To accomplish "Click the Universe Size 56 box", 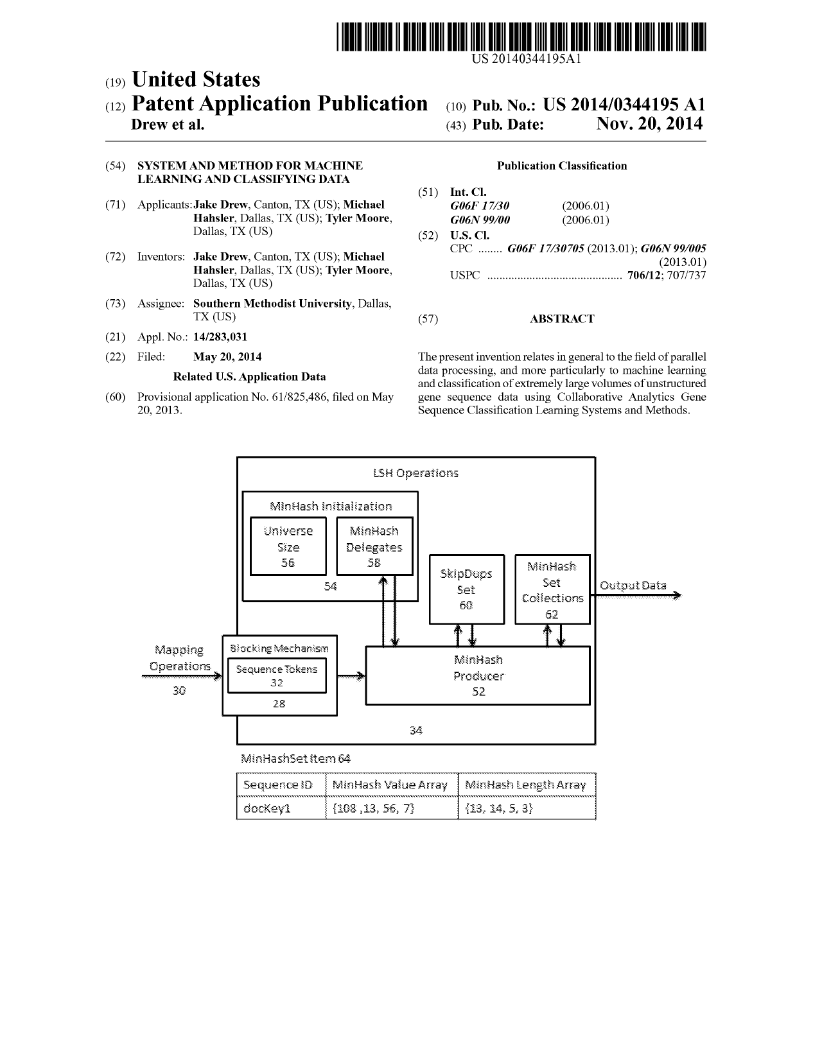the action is pyautogui.click(x=288, y=546).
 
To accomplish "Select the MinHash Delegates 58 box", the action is pyautogui.click(x=374, y=546).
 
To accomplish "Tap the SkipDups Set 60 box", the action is pyautogui.click(x=466, y=589).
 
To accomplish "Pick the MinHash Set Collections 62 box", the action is pyautogui.click(x=552, y=589).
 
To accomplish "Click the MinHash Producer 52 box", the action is pyautogui.click(x=478, y=675).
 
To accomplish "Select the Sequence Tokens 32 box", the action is pyautogui.click(x=277, y=675).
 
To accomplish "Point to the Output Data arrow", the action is pyautogui.click(x=635, y=595).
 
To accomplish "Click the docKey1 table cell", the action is pyautogui.click(x=281, y=808).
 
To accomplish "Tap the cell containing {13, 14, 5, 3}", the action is pyautogui.click(x=527, y=808).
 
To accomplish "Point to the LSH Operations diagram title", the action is pyautogui.click(x=415, y=473).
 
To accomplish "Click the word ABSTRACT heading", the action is pyautogui.click(x=562, y=318).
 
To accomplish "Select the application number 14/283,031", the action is pyautogui.click(x=220, y=336).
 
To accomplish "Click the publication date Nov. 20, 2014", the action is pyautogui.click(x=649, y=123).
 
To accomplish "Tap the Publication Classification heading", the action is pyautogui.click(x=562, y=166).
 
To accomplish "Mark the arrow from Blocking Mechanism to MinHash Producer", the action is pyautogui.click(x=351, y=675).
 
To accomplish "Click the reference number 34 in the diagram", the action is pyautogui.click(x=415, y=730).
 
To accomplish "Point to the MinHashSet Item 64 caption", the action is pyautogui.click(x=295, y=758).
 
